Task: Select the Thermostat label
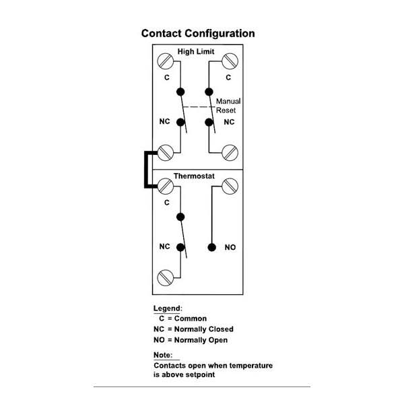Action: (194, 176)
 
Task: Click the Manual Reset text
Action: (228, 105)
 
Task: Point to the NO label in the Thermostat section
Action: (230, 248)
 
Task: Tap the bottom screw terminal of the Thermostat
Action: (165, 277)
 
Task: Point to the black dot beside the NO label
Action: (211, 248)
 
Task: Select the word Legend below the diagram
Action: (168, 308)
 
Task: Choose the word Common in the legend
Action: (191, 318)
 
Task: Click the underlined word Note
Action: (162, 355)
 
